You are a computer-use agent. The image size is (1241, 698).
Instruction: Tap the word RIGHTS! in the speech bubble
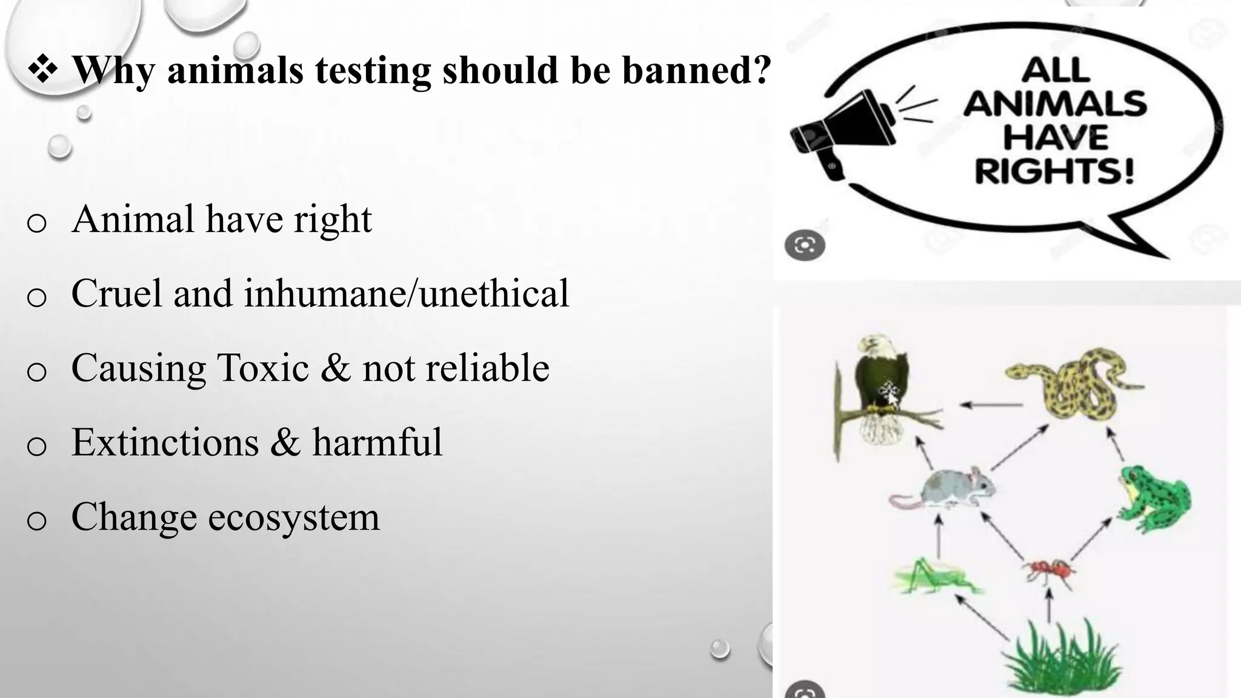tap(1054, 171)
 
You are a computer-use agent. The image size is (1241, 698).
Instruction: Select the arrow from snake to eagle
tap(991, 405)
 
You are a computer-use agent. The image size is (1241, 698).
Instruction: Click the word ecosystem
tap(294, 517)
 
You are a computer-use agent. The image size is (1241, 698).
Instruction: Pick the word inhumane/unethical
tap(407, 294)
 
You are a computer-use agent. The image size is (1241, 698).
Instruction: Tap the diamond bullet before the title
tap(42, 69)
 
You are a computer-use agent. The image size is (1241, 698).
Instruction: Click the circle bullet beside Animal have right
tap(37, 223)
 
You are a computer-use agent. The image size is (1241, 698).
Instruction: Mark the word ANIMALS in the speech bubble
tap(1054, 104)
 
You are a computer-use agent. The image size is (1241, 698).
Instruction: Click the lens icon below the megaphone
tap(805, 245)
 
